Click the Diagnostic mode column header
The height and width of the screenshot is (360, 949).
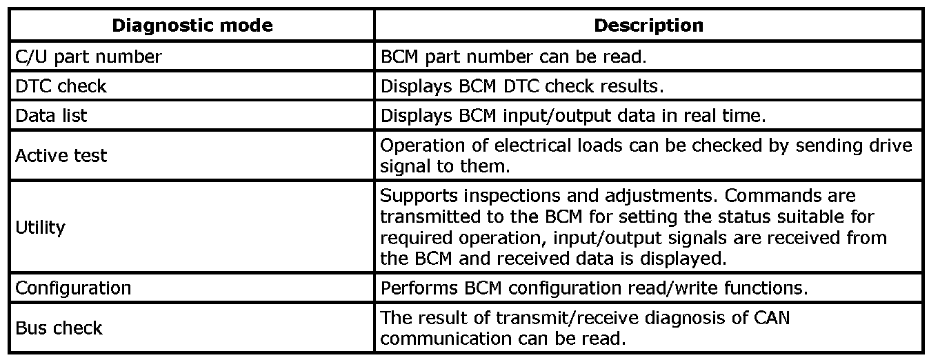coord(192,26)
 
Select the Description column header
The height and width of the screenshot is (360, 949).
coord(648,26)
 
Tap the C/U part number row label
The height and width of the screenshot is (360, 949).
coord(88,57)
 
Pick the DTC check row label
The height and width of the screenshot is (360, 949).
coord(61,86)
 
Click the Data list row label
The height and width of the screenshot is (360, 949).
coord(51,115)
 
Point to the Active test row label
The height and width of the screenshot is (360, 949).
coord(61,155)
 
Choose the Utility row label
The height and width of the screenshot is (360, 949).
coord(40,227)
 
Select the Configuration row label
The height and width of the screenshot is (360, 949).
coord(73,288)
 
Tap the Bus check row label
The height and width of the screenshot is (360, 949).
coord(59,328)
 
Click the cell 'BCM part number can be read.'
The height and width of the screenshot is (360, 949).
coord(513,57)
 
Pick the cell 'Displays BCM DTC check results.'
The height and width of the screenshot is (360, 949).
coord(522,86)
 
